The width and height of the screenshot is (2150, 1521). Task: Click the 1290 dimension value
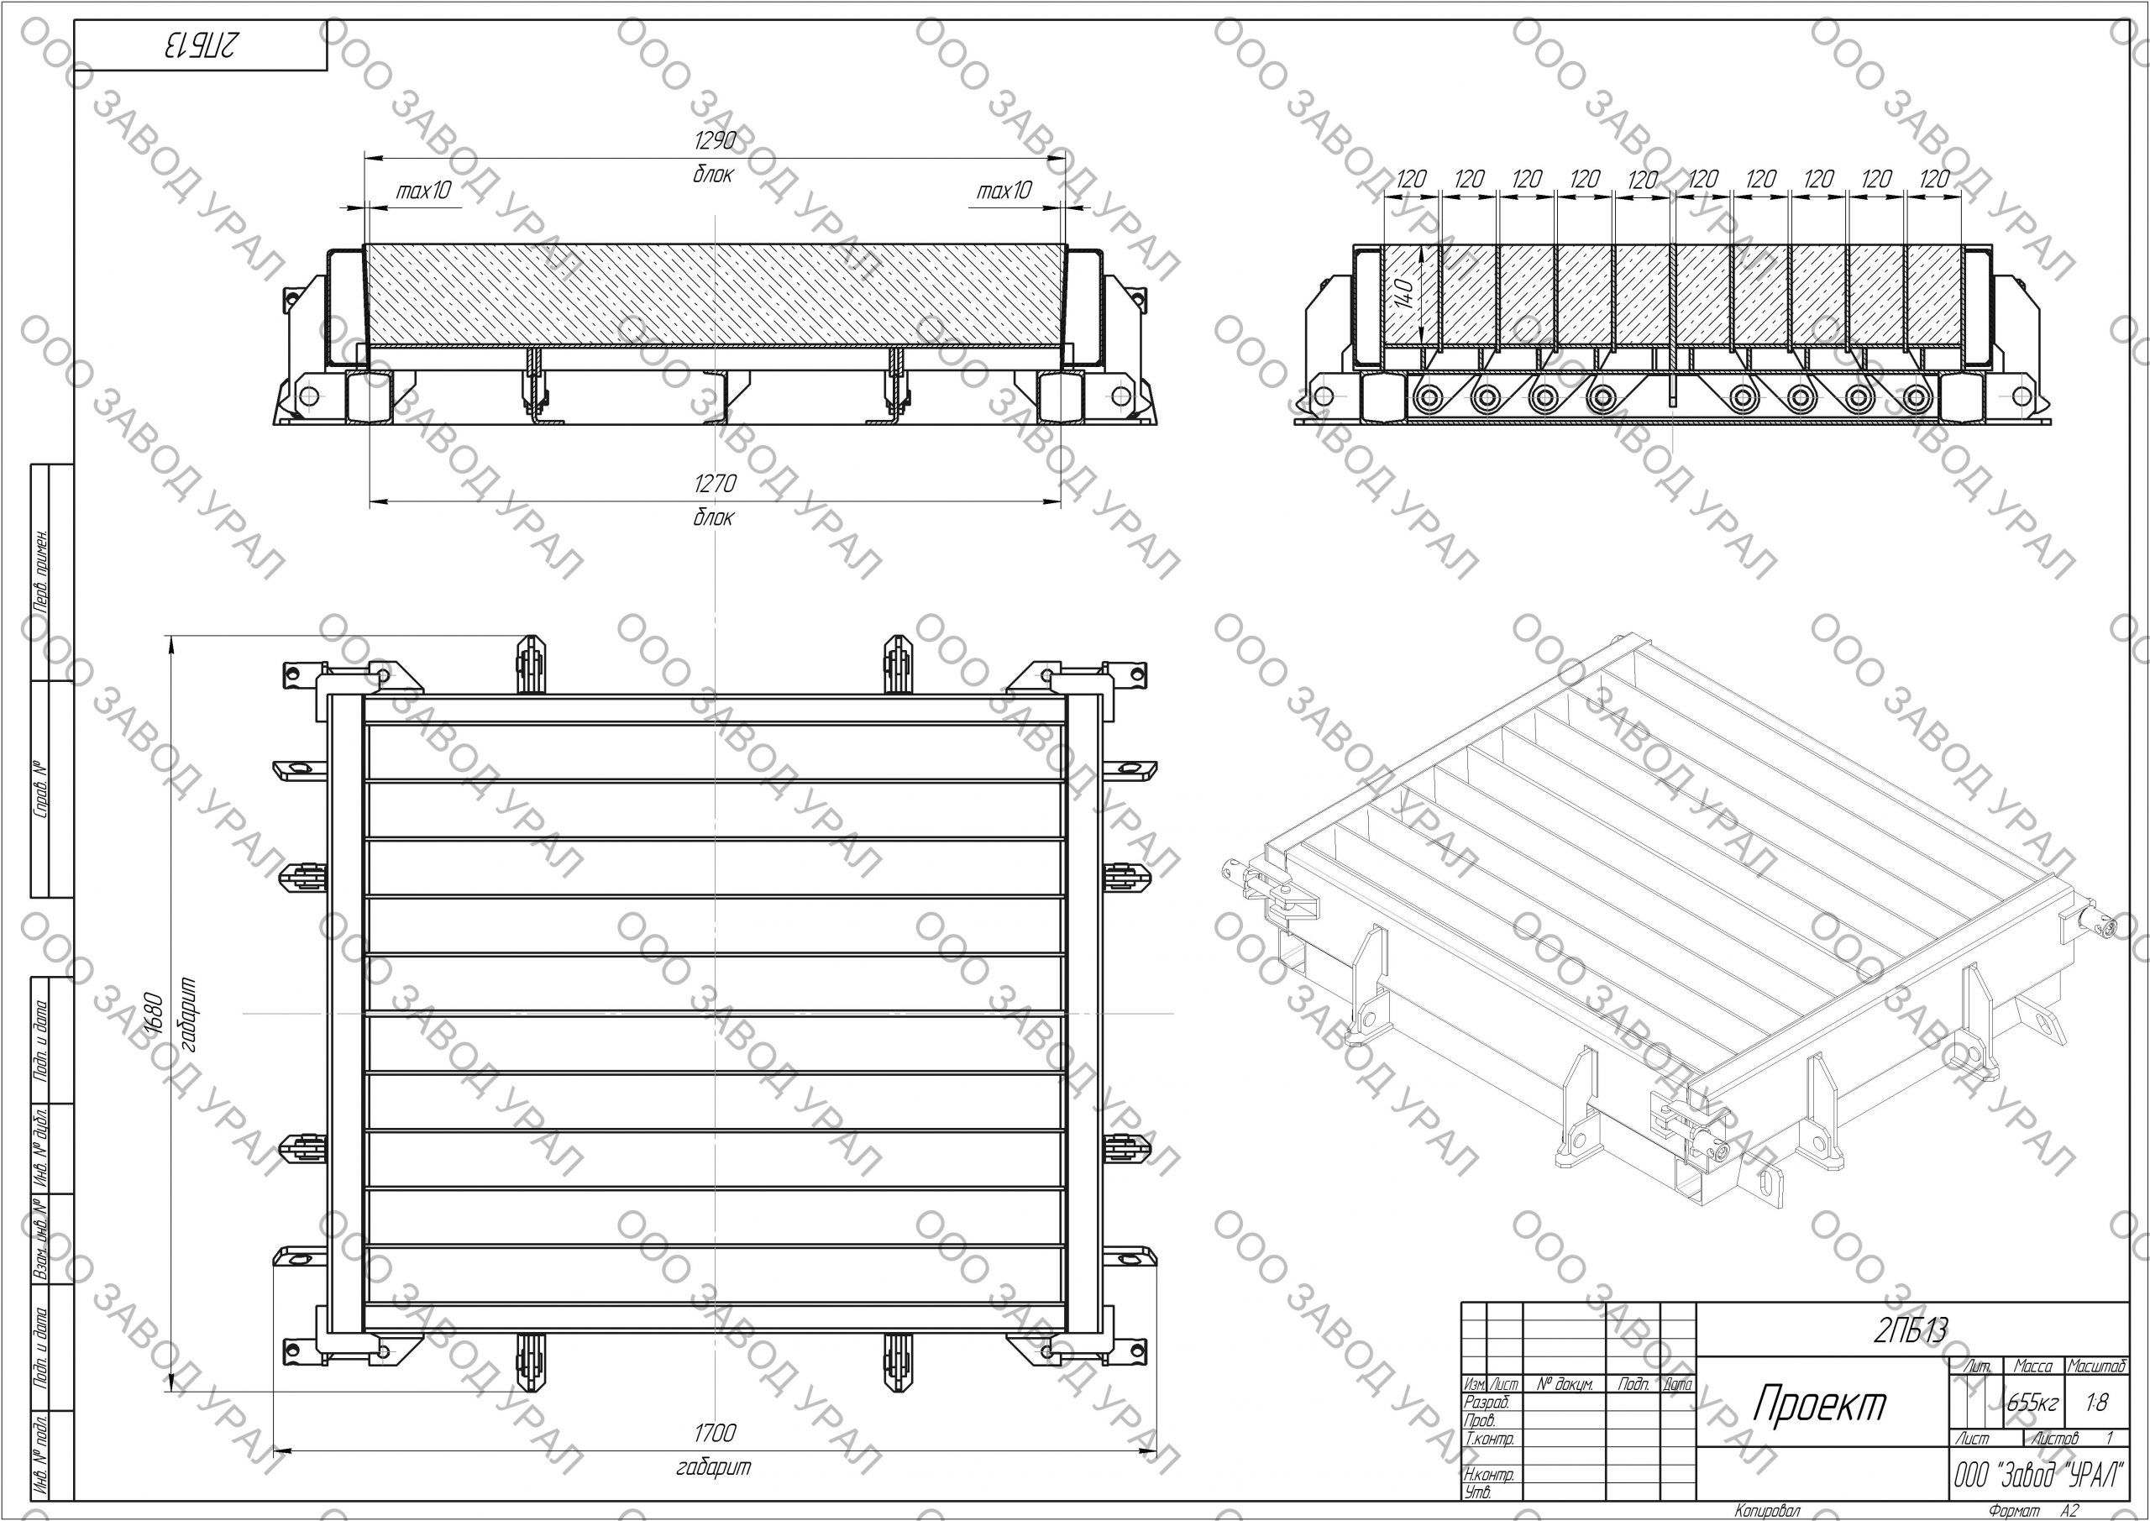[715, 141]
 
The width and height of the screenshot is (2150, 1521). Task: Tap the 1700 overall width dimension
[715, 1433]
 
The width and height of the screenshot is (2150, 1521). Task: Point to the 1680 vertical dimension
[156, 1012]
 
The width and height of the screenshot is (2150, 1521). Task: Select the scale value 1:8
[2098, 1402]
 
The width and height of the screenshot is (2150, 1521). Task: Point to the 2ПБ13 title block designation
[1911, 1331]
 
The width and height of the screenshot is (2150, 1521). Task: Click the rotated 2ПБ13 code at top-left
[202, 45]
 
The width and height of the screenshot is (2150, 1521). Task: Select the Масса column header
[2032, 1367]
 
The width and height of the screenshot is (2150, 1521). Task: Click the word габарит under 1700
[714, 1466]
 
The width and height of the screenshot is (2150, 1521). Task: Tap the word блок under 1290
[714, 174]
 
